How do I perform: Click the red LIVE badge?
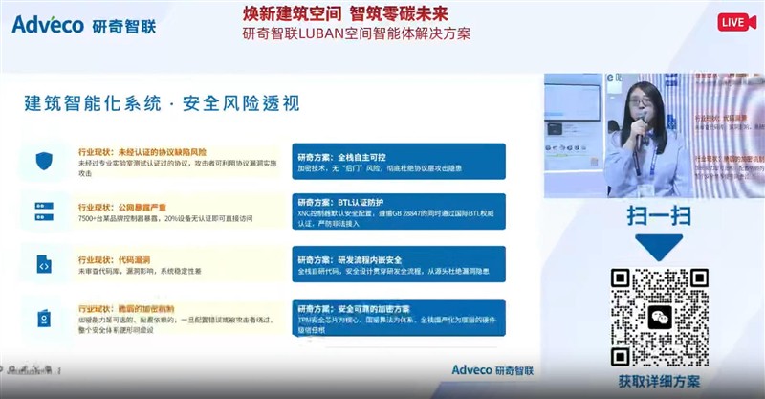click(732, 22)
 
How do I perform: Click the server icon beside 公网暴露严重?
click(44, 211)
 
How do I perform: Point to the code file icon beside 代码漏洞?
click(44, 263)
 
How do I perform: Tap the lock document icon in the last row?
click(44, 318)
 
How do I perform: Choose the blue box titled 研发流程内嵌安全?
click(399, 264)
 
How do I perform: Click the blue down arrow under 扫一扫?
click(659, 248)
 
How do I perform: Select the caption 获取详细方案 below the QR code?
click(659, 381)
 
